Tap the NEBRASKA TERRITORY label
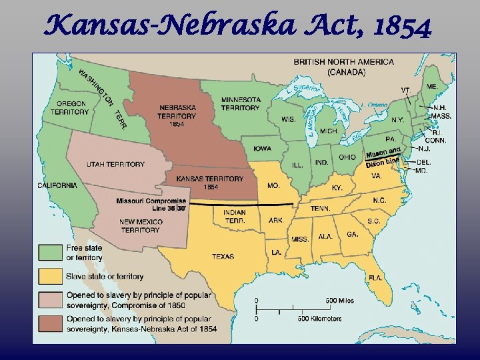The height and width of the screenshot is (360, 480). coord(177,115)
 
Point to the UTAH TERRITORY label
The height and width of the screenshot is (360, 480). coord(115,164)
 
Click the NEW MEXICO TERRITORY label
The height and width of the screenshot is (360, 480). coord(141,226)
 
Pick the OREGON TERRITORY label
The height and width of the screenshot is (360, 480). coord(72,108)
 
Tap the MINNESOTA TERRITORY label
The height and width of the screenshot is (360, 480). coord(241,104)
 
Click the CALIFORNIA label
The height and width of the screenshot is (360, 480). coord(58,185)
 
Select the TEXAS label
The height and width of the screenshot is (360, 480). coord(223,256)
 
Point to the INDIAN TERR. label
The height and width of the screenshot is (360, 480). coord(230,216)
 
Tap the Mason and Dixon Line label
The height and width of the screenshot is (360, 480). coord(384,157)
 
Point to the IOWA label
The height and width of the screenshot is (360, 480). coord(261,149)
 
